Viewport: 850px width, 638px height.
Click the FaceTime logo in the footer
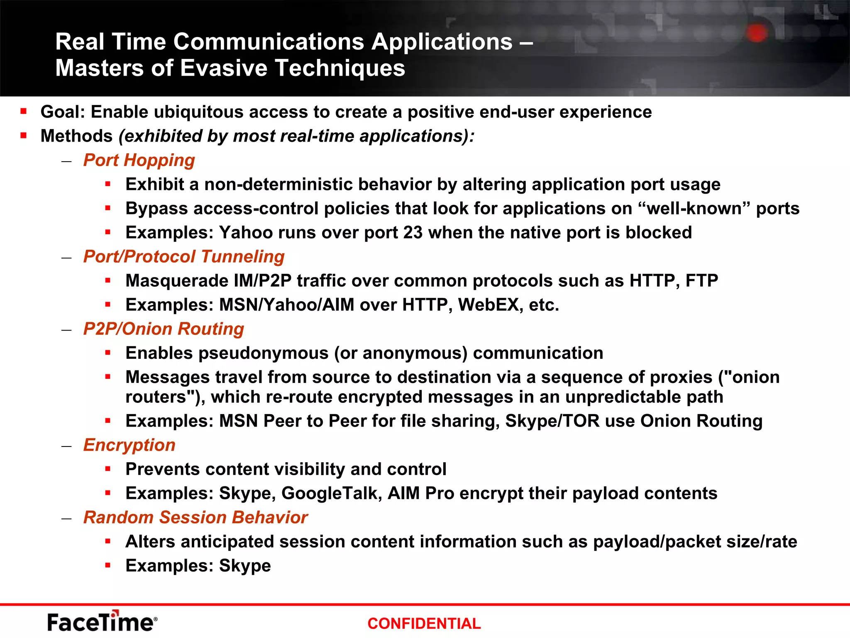click(102, 621)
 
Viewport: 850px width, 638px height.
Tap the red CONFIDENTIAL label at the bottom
click(424, 623)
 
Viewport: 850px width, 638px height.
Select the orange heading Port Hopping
click(139, 160)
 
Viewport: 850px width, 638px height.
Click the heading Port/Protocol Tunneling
click(184, 257)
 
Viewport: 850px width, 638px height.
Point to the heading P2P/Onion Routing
click(164, 329)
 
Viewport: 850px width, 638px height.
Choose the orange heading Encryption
click(129, 445)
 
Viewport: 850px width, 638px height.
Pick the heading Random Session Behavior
click(195, 518)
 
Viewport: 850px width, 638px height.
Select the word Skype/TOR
click(552, 421)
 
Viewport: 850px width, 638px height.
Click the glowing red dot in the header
click(757, 33)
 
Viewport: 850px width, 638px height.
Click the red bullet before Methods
click(24, 135)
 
